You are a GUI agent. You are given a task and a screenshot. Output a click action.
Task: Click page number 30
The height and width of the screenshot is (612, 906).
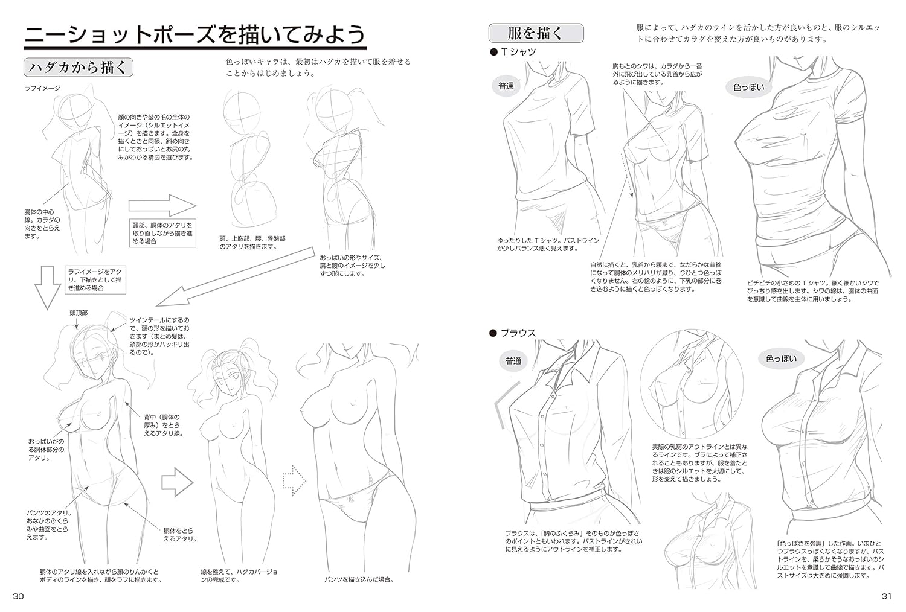(18, 596)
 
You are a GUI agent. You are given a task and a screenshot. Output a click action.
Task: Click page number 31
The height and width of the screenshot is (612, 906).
(887, 596)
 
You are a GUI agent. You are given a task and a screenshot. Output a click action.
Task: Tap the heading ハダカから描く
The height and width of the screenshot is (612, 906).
(79, 68)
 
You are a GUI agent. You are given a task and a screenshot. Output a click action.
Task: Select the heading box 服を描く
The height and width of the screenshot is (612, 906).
(536, 33)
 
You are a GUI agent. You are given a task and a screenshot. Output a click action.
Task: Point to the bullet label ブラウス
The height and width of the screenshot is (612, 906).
(513, 333)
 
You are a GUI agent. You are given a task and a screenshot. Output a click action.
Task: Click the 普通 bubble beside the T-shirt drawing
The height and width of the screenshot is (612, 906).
(506, 86)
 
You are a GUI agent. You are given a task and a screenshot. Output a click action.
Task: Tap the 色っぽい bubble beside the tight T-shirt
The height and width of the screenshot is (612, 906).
(749, 87)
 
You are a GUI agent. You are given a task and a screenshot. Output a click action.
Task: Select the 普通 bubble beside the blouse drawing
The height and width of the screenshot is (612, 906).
(513, 361)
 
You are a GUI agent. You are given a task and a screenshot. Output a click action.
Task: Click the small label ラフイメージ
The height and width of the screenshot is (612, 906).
(42, 88)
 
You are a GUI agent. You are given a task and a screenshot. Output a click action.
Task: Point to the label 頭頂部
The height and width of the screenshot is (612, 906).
(79, 313)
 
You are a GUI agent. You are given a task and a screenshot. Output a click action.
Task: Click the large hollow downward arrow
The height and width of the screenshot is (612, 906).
(48, 288)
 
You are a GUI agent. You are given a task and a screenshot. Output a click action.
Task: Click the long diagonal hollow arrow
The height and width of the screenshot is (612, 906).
(235, 277)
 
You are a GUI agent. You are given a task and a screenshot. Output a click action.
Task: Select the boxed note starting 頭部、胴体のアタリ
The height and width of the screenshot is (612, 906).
(163, 233)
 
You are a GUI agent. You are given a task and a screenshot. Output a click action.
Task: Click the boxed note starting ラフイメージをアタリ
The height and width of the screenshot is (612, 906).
(95, 279)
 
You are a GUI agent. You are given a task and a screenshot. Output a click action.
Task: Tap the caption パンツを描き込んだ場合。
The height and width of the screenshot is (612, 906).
(359, 579)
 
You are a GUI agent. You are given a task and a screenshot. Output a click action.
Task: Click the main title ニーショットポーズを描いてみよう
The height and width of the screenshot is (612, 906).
(195, 35)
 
